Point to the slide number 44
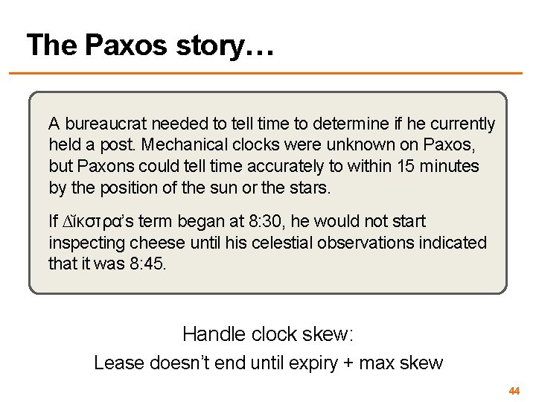point(514,390)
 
